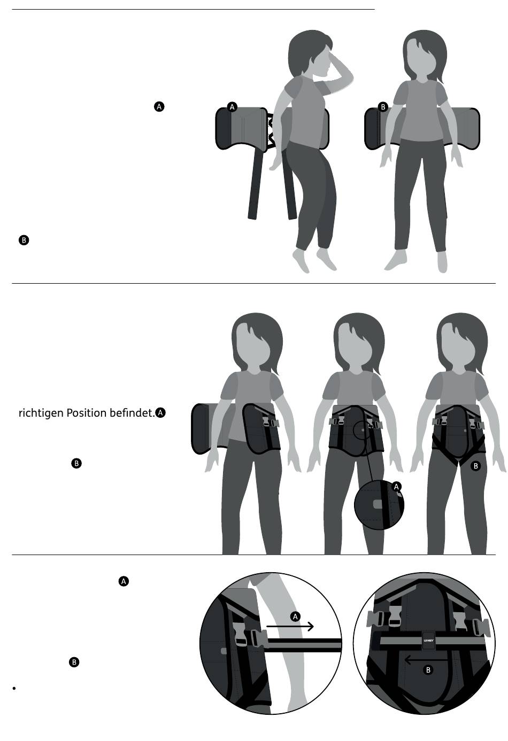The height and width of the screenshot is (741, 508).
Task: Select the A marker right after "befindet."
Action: coord(160,413)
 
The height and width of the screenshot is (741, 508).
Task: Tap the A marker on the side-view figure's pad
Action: coord(232,107)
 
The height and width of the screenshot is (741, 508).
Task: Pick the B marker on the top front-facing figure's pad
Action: coord(383,107)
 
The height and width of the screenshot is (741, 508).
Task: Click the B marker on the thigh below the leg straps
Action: coord(476,466)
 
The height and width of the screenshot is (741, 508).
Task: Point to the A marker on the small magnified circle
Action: coord(396,486)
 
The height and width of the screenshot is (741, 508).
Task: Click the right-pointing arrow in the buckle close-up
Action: coord(290,626)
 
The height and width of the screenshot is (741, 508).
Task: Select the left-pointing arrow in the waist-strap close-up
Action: coord(426,660)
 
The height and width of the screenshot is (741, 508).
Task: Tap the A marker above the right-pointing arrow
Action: coord(295,617)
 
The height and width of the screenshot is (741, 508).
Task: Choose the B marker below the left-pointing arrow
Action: coord(428,670)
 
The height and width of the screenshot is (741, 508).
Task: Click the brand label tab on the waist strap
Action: coord(428,641)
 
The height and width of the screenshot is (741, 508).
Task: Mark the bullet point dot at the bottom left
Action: coord(14,689)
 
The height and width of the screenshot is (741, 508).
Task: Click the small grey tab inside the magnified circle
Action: coord(377,504)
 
